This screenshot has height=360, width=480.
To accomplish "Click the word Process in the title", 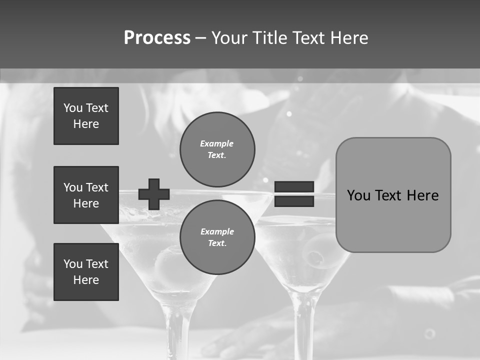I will [x=157, y=38].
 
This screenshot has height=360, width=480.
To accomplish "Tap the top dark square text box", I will [x=86, y=116].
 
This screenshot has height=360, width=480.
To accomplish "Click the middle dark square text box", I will [x=86, y=195].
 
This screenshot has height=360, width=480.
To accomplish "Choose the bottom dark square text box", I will [x=86, y=271].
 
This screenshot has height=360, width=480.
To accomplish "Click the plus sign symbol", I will [x=153, y=194].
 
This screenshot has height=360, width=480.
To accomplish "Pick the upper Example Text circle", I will [x=217, y=149].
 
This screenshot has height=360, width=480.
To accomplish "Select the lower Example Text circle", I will [x=217, y=237].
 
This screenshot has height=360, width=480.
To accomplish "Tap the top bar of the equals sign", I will [x=294, y=187].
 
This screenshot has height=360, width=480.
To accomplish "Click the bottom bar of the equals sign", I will [x=294, y=201].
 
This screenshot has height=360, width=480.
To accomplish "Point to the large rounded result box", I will [x=393, y=195].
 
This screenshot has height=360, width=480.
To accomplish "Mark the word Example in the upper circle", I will [x=216, y=143].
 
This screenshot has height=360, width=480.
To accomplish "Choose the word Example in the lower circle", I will [x=217, y=231].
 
